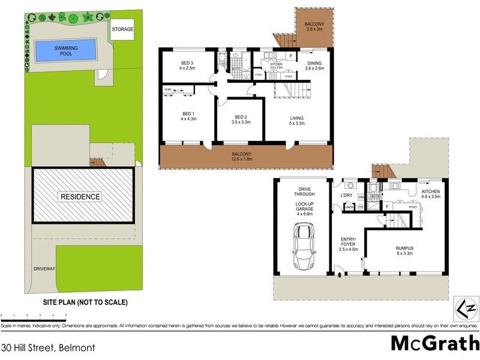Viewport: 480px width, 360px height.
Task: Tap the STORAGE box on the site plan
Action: click(x=122, y=29)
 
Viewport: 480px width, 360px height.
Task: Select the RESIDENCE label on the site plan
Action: click(x=80, y=197)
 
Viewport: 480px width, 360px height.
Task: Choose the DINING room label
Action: click(x=315, y=65)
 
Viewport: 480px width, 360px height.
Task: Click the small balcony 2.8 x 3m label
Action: click(x=314, y=26)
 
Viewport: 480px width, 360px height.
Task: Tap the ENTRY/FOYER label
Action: click(x=347, y=244)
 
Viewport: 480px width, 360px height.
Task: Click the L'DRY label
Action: click(x=347, y=196)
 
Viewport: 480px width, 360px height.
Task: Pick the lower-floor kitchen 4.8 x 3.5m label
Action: click(x=431, y=194)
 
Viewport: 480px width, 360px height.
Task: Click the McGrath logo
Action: click(x=434, y=343)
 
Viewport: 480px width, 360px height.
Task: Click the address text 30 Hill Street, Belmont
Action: click(x=48, y=347)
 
